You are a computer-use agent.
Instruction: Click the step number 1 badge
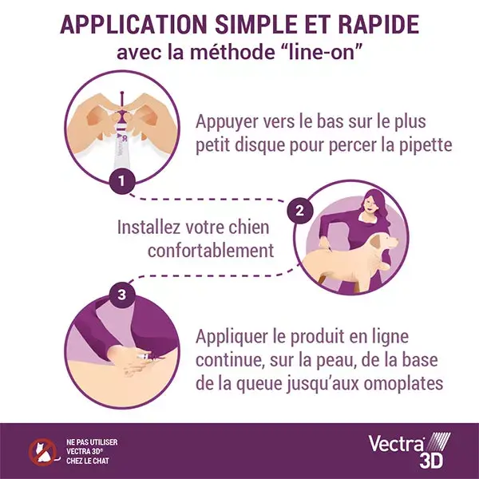(x=122, y=181)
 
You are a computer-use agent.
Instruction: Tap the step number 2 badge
(x=300, y=211)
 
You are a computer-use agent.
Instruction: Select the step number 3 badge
(x=122, y=295)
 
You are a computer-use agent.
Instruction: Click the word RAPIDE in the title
(x=378, y=25)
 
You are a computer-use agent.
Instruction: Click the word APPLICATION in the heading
(x=133, y=25)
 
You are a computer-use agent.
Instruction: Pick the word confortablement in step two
(x=211, y=251)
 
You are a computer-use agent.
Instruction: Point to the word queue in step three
(x=259, y=384)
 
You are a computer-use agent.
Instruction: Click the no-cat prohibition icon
(x=43, y=452)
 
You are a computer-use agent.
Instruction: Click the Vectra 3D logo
(x=409, y=449)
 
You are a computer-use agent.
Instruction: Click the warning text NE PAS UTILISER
(x=92, y=442)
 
